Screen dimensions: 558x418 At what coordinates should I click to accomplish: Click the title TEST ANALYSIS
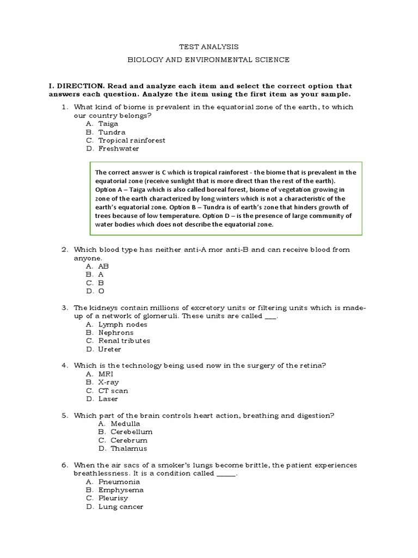pos(208,47)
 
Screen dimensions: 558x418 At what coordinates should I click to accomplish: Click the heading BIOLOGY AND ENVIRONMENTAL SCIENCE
pos(208,60)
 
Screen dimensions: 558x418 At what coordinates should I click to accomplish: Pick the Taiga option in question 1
pos(108,124)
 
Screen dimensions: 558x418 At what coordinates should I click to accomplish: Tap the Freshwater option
pos(118,148)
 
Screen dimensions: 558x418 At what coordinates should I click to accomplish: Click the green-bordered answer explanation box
pos(225,198)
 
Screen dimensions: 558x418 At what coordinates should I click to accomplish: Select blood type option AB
pos(103,266)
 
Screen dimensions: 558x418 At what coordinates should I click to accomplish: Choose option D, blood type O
pos(101,291)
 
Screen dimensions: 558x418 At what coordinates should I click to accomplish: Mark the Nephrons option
pos(115,332)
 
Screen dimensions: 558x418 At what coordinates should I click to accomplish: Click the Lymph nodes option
pos(122,324)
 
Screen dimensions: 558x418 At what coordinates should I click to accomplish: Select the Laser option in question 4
pos(108,399)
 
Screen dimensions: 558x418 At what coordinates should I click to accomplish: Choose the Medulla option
pos(125,423)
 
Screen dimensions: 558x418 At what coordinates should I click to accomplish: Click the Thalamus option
pos(128,448)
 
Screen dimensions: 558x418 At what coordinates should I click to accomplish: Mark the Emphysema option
pos(121,490)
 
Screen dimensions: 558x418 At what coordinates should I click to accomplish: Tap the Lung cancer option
pos(120,507)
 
